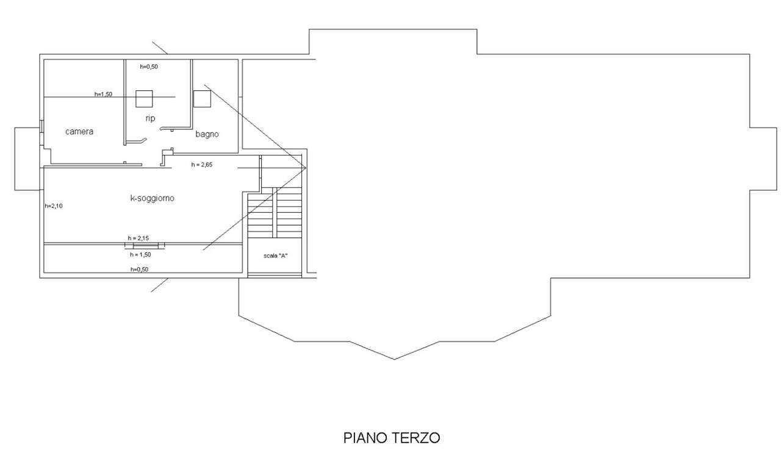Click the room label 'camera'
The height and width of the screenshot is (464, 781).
[x=79, y=131]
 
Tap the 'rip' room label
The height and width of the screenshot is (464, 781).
[x=150, y=118]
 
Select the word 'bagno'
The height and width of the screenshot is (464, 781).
[x=207, y=134]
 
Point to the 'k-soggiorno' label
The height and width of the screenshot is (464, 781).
[x=152, y=198]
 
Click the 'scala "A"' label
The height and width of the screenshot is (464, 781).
[x=275, y=255]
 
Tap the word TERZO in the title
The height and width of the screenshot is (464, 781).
[x=420, y=438]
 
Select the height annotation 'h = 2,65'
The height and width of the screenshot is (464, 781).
[x=201, y=165]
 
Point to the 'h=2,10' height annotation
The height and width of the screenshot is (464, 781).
[x=54, y=206]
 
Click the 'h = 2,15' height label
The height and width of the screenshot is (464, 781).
[x=139, y=238]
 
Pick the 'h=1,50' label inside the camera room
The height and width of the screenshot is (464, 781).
[x=103, y=94]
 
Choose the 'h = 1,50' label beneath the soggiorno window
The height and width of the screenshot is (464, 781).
[x=140, y=255]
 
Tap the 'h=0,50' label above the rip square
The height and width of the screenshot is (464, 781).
[x=149, y=66]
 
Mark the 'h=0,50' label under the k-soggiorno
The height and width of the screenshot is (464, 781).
[x=140, y=269]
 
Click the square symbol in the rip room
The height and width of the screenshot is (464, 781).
[x=144, y=99]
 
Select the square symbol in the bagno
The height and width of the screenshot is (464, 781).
[x=202, y=99]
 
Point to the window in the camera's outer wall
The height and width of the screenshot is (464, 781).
[x=41, y=126]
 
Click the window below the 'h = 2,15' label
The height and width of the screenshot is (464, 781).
[x=145, y=246]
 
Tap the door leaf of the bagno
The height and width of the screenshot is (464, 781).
[x=167, y=128]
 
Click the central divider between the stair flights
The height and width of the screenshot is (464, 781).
[x=275, y=213]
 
